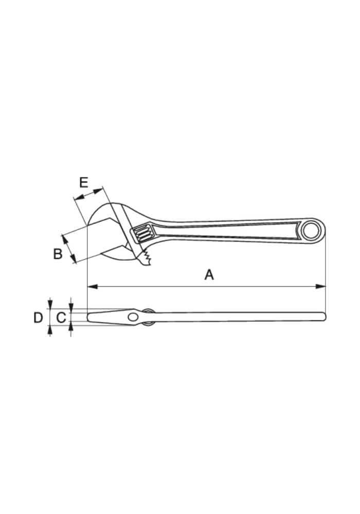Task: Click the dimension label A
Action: [209, 274]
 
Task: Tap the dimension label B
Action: [58, 254]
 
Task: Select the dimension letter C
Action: [61, 317]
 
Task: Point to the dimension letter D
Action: [39, 317]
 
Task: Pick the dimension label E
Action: [84, 182]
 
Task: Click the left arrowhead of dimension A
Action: [93, 286]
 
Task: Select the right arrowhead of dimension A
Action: [320, 286]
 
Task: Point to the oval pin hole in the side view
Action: [133, 317]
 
